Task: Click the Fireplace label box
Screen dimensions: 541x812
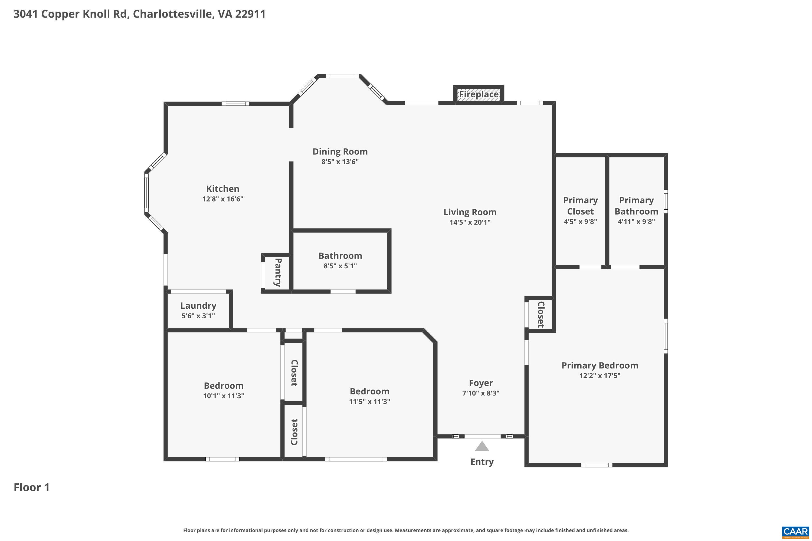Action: pos(479,94)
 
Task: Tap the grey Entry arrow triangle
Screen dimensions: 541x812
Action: pos(482,447)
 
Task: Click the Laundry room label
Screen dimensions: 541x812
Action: pos(198,306)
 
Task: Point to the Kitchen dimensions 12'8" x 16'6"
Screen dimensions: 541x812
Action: pos(223,199)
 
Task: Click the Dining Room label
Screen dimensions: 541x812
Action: pos(340,151)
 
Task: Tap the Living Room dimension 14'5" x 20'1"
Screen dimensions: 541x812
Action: pos(470,222)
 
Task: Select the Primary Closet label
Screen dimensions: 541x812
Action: pos(580,206)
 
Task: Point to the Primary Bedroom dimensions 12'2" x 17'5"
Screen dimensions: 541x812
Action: pos(600,376)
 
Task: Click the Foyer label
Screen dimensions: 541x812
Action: pos(481,383)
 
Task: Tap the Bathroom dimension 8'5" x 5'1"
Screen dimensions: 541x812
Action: pos(340,266)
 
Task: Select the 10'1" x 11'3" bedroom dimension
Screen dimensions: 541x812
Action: pos(223,396)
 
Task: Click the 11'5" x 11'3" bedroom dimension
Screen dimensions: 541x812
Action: pos(369,402)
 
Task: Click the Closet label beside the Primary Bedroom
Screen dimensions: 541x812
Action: pos(541,314)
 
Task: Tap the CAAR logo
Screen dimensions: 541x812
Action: pos(795,532)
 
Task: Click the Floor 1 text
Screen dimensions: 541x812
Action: pos(31,487)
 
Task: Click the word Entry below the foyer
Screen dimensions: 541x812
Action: pos(482,462)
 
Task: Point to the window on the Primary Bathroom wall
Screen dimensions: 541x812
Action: pos(666,202)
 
